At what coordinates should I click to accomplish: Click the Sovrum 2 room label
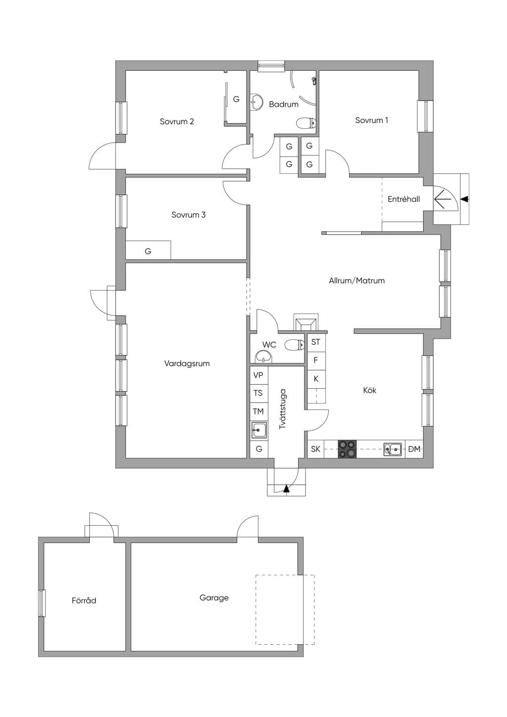coord(177,122)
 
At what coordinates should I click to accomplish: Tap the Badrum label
coord(284,104)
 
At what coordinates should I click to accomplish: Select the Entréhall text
coord(404,199)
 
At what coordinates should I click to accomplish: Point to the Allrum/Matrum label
coord(356,281)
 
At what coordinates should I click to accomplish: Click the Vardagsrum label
coord(187,363)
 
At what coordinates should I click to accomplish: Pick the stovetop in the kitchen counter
coord(347,449)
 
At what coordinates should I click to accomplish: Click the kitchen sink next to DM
coord(393,449)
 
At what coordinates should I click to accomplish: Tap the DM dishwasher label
coord(414,449)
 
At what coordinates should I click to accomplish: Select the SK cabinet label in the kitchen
coord(315,449)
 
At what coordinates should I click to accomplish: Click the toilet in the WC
coord(295,345)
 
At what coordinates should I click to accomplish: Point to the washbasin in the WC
coord(263,357)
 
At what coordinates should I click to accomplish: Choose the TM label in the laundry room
coord(258,411)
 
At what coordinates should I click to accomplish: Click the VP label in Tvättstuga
coord(258,375)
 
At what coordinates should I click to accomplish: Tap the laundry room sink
coord(259,430)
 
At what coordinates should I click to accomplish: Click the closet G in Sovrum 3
coord(148,251)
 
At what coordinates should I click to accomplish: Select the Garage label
coord(214,598)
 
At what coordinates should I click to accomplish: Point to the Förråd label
coord(84,600)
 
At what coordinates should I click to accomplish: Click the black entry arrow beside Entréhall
coord(465,199)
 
